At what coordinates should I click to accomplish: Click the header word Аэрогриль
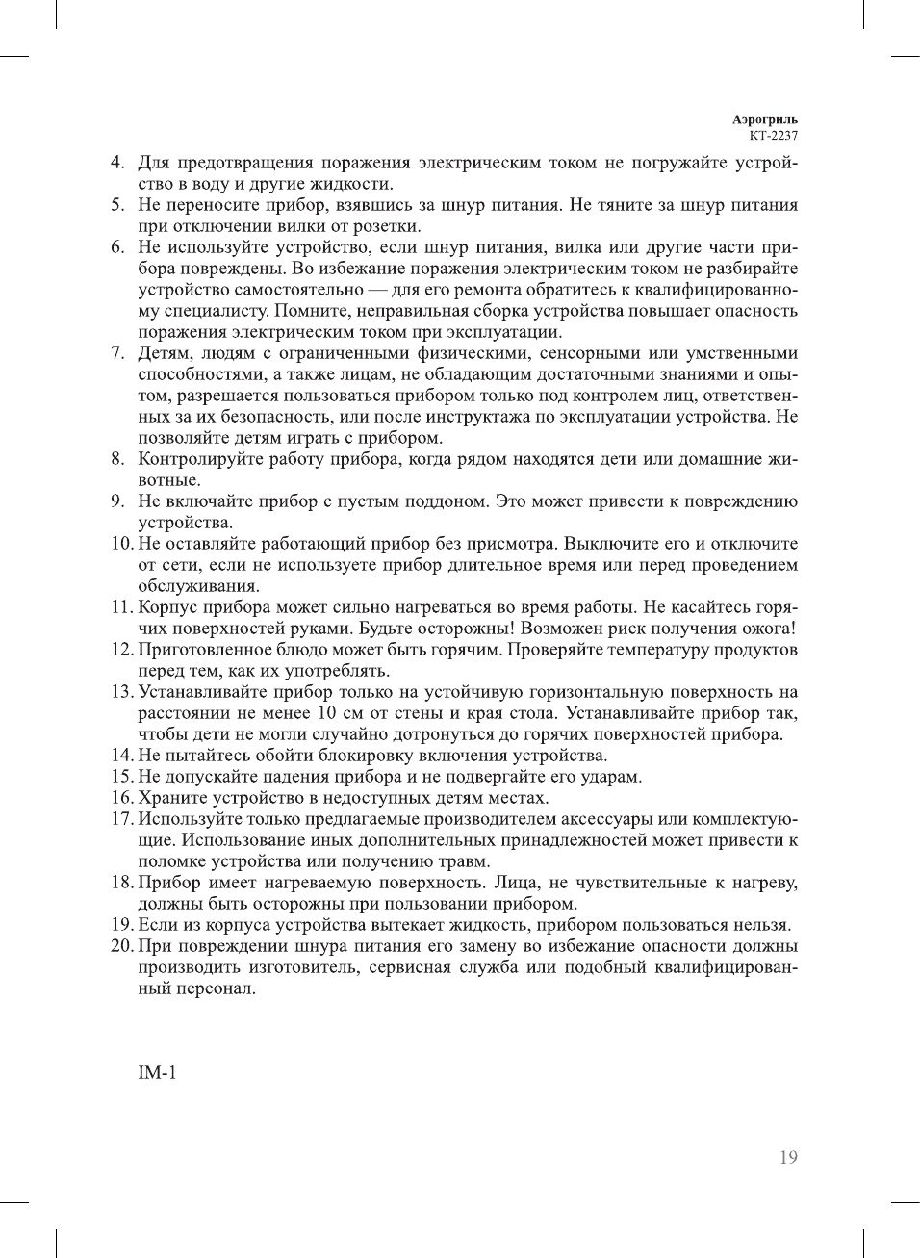pyautogui.click(x=764, y=120)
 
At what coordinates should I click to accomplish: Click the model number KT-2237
pyautogui.click(x=774, y=136)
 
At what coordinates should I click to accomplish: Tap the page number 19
pyautogui.click(x=788, y=1157)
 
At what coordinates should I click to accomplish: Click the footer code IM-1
pyautogui.click(x=157, y=1073)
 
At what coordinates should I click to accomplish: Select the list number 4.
pyautogui.click(x=117, y=163)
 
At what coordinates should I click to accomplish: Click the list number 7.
pyautogui.click(x=117, y=353)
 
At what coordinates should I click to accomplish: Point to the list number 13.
pyautogui.click(x=120, y=692)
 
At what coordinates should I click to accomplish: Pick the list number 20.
pyautogui.click(x=120, y=946)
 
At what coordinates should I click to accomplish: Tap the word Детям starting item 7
pyautogui.click(x=165, y=353)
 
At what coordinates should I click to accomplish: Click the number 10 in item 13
pyautogui.click(x=326, y=713)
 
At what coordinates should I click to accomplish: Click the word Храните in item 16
pyautogui.click(x=170, y=798)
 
